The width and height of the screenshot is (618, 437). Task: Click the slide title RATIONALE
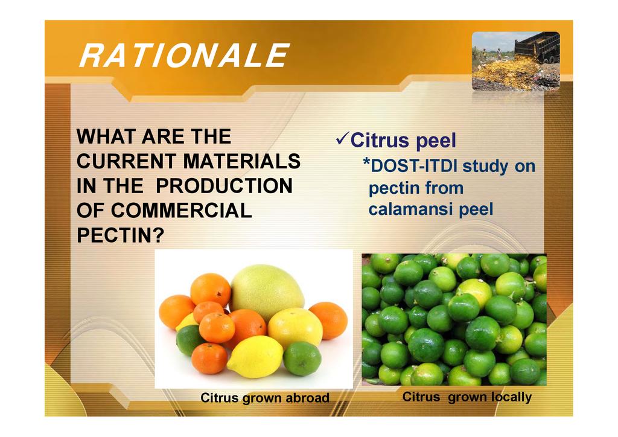(x=185, y=56)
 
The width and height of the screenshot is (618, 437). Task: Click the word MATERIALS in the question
(x=241, y=161)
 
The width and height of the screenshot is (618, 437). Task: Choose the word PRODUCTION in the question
(x=225, y=186)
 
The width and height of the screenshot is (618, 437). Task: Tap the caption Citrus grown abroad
(x=265, y=398)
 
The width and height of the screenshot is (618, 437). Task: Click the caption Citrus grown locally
(x=467, y=397)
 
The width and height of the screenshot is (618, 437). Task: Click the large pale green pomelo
(x=267, y=292)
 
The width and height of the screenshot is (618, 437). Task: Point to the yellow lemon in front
(x=255, y=357)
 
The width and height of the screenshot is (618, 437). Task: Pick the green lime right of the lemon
(x=302, y=359)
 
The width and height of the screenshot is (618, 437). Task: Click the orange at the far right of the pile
(x=328, y=321)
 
